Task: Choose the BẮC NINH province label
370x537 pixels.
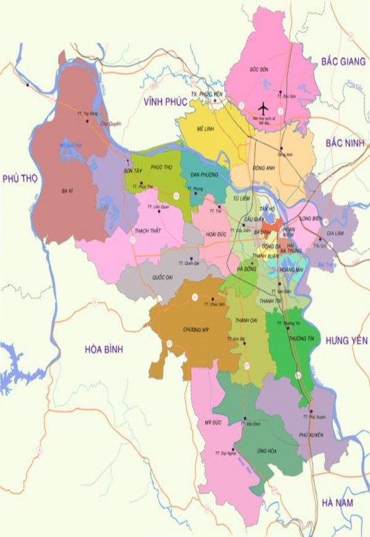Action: tap(345, 143)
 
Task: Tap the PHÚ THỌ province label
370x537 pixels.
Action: tap(20, 178)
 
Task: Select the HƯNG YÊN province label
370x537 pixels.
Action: tap(346, 340)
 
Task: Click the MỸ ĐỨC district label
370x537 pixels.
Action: tap(212, 422)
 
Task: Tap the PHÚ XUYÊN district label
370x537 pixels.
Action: tap(310, 434)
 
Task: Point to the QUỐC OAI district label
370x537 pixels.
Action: tap(162, 277)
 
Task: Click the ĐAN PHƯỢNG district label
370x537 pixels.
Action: tap(203, 174)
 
